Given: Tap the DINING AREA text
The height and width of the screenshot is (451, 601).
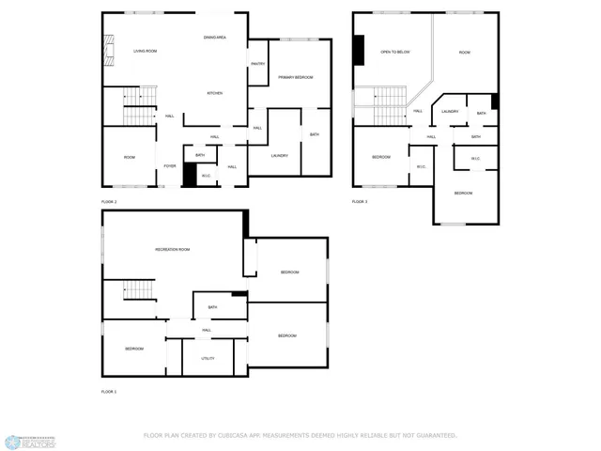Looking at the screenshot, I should (214, 37).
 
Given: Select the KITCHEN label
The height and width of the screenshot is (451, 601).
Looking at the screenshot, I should (214, 93).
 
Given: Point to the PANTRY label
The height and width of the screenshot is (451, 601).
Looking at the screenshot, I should (256, 63).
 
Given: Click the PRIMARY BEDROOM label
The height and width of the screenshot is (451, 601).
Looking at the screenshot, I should (295, 77).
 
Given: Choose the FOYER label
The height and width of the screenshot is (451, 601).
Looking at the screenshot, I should (169, 166).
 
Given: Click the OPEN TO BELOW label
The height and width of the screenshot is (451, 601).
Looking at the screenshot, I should (394, 52).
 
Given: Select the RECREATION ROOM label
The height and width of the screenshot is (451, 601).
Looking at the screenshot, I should (173, 249).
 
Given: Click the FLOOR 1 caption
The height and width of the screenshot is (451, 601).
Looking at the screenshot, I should (109, 391).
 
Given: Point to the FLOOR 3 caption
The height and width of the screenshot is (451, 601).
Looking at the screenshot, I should (360, 201).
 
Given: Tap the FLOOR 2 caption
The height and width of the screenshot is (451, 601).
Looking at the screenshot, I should (109, 201).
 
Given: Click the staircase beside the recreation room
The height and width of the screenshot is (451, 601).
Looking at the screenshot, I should (139, 290).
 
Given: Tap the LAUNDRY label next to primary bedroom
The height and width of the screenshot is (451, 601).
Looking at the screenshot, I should (279, 155).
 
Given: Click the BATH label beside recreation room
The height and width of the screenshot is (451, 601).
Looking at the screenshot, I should (213, 307).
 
